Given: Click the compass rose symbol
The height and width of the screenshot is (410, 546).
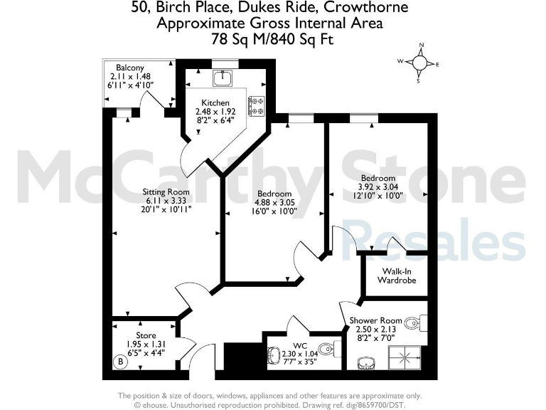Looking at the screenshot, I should pos(421,63).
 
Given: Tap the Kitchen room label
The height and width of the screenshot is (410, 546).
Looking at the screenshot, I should pos(215,103).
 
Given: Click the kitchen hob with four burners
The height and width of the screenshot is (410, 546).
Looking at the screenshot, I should pos(255,106).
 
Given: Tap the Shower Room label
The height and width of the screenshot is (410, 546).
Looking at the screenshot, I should pos(375,320).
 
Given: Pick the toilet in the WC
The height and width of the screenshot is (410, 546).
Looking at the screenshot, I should pos(326,350).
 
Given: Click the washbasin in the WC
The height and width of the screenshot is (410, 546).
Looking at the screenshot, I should pos(274,354).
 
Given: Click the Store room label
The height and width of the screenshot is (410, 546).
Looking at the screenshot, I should pos(146,335).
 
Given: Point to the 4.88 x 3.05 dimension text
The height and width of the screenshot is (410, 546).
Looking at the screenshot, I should pos(274,202).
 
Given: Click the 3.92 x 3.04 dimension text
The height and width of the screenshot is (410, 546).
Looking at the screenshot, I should pos(378,186).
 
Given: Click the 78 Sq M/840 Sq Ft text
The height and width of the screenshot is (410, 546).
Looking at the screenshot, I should pos(272,39).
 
